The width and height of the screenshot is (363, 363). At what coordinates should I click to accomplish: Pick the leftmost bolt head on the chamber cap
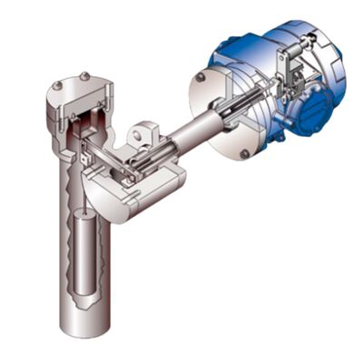pyautogui.click(x=56, y=86)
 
